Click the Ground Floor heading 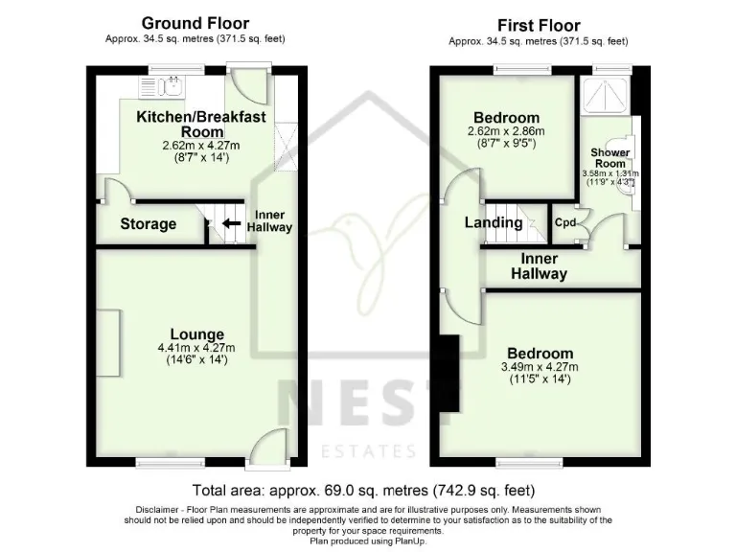[195, 23]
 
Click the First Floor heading [539, 25]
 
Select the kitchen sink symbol [173, 89]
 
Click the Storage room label [149, 224]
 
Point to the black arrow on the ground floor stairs [230, 225]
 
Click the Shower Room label [610, 158]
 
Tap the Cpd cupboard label [565, 222]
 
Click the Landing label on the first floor [494, 222]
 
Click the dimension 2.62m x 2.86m [505, 132]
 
